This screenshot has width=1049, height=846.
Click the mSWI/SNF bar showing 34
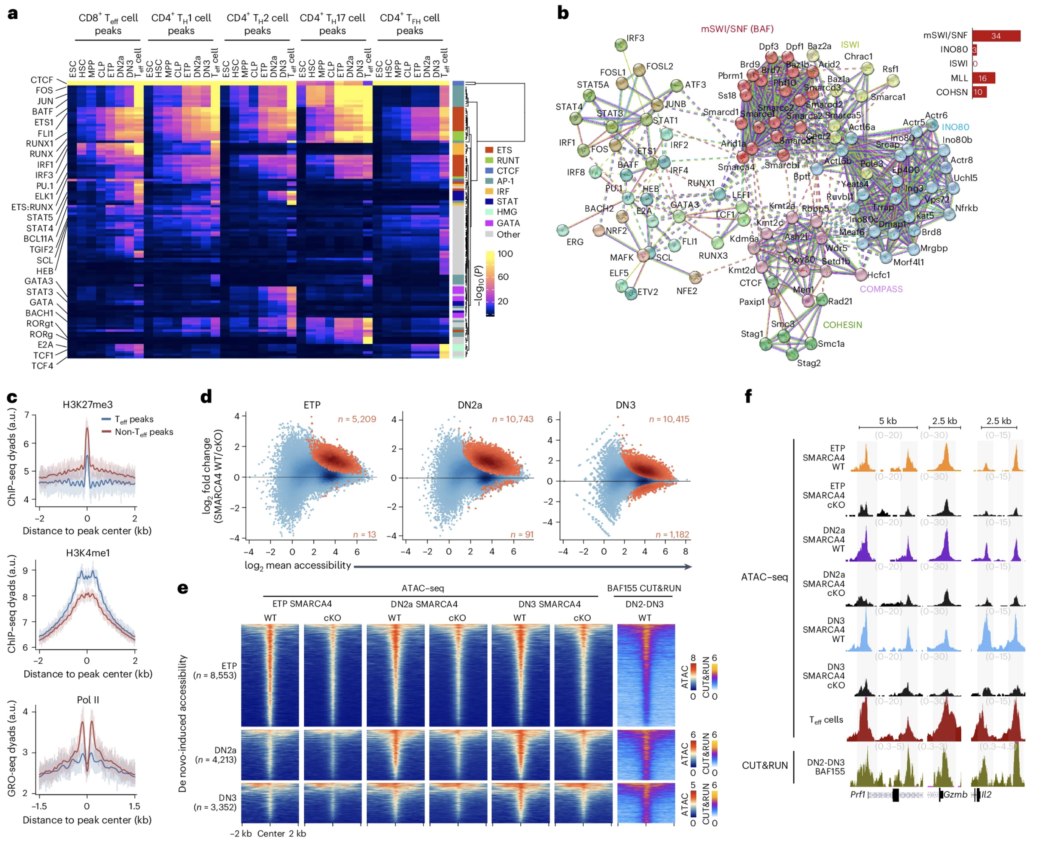(x=995, y=36)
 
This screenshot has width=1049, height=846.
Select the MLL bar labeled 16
(x=983, y=78)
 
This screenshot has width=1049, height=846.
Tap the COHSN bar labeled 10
(x=979, y=92)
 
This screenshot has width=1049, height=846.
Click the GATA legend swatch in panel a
(x=489, y=223)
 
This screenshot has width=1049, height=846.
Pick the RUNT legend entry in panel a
(x=508, y=160)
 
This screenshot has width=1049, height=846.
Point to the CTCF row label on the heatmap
(x=42, y=80)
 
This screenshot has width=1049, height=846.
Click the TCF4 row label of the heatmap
(x=42, y=366)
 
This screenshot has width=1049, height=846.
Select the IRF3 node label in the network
(x=635, y=38)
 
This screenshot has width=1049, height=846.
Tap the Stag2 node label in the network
(x=809, y=363)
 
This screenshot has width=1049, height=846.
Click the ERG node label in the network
(x=574, y=242)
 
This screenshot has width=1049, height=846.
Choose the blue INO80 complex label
(x=955, y=127)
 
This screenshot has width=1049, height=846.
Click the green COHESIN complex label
(x=842, y=325)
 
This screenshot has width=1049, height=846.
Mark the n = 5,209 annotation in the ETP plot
(x=357, y=419)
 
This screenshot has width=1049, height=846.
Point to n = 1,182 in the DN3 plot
(x=672, y=535)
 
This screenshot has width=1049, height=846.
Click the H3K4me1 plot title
(x=88, y=553)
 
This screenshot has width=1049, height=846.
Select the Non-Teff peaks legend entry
(x=144, y=432)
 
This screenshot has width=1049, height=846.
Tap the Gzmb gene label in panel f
(x=955, y=795)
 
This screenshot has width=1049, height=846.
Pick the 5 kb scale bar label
(x=887, y=421)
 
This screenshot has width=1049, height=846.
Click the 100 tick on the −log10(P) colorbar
(x=505, y=254)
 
